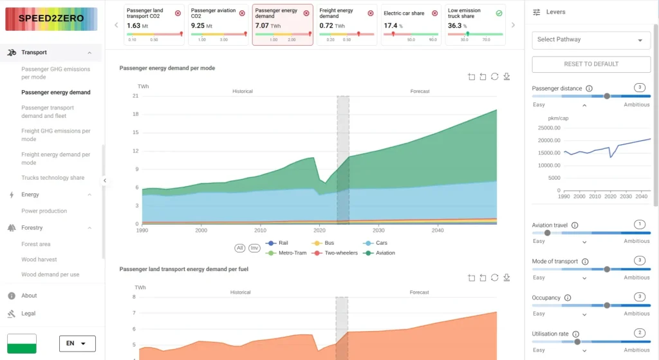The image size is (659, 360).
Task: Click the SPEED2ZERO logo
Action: point(51,19)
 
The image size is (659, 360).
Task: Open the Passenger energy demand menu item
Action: point(55,92)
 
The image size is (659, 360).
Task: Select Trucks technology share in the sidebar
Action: point(52,178)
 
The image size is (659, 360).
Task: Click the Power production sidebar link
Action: point(44,211)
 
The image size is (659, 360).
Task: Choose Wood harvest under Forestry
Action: point(39,260)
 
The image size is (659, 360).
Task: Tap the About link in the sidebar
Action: point(29,296)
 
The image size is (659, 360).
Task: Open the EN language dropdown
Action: point(77,344)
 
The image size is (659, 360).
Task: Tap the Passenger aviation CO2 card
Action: point(218,25)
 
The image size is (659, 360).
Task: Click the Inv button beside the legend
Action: point(254,248)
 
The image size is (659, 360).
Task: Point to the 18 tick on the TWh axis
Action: point(135,115)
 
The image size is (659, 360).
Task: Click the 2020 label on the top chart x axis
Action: point(319,230)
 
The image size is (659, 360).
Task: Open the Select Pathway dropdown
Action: point(591,40)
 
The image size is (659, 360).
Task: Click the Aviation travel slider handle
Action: point(548,232)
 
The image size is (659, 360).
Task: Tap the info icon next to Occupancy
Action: point(567,298)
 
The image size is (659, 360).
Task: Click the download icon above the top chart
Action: point(506,77)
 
